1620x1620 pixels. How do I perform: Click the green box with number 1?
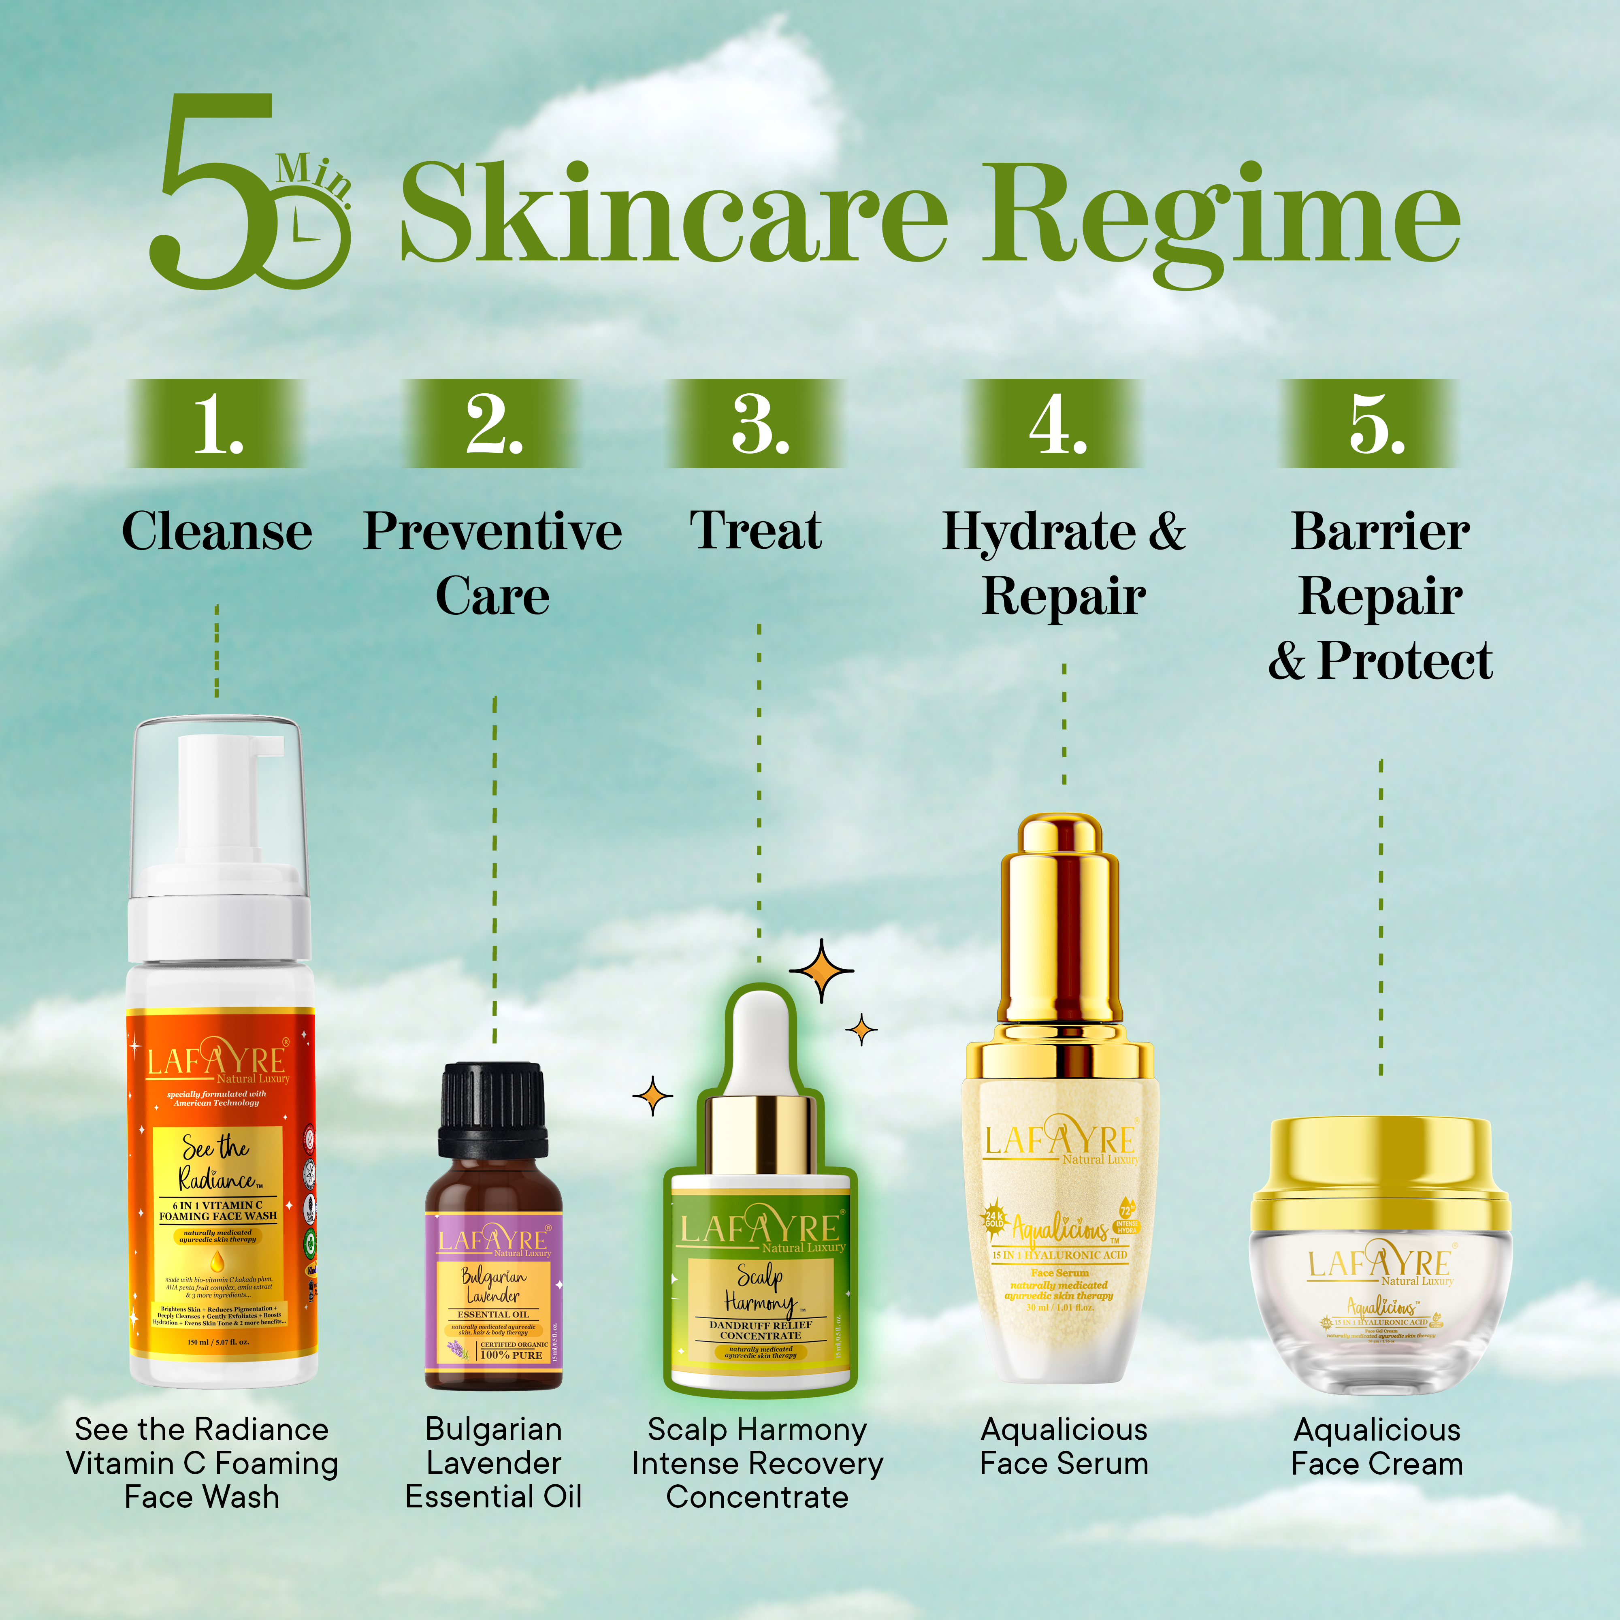216,424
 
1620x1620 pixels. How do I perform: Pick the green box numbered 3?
757,424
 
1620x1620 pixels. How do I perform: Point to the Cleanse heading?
217,532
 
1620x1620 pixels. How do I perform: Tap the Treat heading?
755,532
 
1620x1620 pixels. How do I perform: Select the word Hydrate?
1040,532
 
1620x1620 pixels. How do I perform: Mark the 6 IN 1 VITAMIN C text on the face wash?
217,1205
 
